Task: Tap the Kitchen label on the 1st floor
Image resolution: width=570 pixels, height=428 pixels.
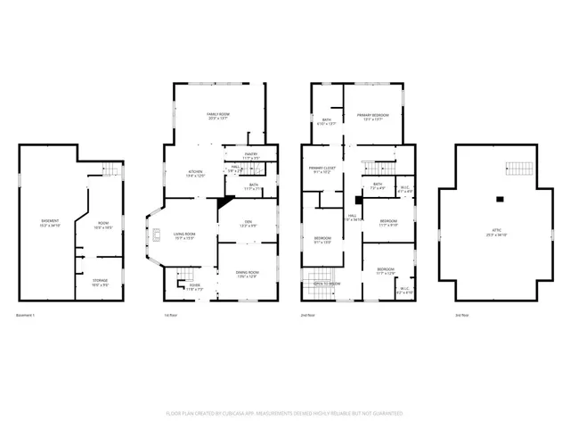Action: pyautogui.click(x=195, y=173)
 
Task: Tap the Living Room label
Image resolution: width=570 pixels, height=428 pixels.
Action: pyautogui.click(x=184, y=235)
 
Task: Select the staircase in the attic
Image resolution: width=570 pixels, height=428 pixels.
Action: pyautogui.click(x=517, y=169)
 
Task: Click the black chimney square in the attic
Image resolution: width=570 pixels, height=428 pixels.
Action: pyautogui.click(x=501, y=198)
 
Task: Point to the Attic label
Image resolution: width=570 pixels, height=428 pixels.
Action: pyautogui.click(x=496, y=232)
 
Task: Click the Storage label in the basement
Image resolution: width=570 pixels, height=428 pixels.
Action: pyautogui.click(x=100, y=283)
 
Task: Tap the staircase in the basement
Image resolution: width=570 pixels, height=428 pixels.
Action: pyautogui.click(x=110, y=169)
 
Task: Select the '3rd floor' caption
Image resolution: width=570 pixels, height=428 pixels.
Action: pyautogui.click(x=460, y=316)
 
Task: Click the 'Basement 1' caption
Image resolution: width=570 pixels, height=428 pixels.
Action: pyautogui.click(x=28, y=316)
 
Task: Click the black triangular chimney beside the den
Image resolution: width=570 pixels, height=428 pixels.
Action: pyautogui.click(x=223, y=202)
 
